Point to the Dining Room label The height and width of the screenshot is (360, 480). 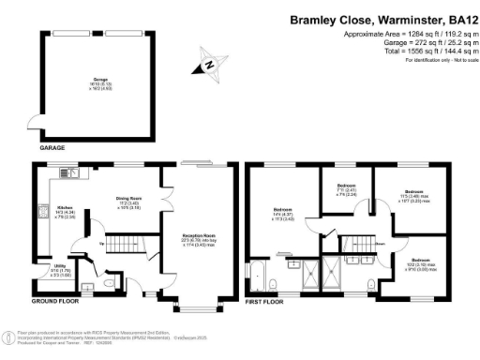(x=128, y=199)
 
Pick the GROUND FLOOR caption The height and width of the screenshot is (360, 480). (x=53, y=302)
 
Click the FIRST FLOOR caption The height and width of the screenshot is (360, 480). (x=264, y=302)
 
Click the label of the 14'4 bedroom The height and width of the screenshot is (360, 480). (x=283, y=212)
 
